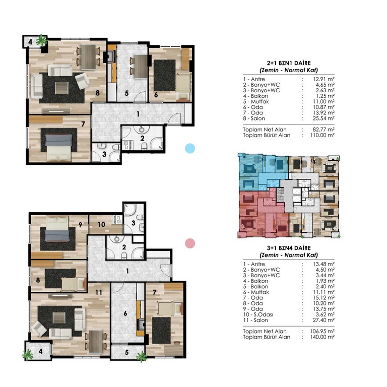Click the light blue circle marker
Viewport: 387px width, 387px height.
190,148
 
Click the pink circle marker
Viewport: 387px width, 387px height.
190,243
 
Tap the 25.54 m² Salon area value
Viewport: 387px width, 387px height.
324,118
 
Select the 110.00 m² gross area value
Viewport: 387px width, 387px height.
322,135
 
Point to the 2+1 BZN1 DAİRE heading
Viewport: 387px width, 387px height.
289,63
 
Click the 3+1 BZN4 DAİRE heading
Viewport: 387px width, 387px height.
289,248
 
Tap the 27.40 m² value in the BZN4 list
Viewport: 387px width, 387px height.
324,320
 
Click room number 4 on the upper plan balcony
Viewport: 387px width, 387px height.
30,42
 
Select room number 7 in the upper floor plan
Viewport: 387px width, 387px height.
83,124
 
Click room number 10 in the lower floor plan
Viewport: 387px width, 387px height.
101,224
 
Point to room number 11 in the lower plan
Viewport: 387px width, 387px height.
99,292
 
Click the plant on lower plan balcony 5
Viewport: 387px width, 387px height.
142,356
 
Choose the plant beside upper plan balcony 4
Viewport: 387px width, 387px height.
41,40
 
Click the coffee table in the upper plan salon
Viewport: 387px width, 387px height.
61,88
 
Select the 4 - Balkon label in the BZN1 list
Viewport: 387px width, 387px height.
255,96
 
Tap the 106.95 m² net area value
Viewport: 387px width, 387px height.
322,332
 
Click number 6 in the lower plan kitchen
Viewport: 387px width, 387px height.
125,313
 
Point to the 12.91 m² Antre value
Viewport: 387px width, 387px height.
324,79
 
